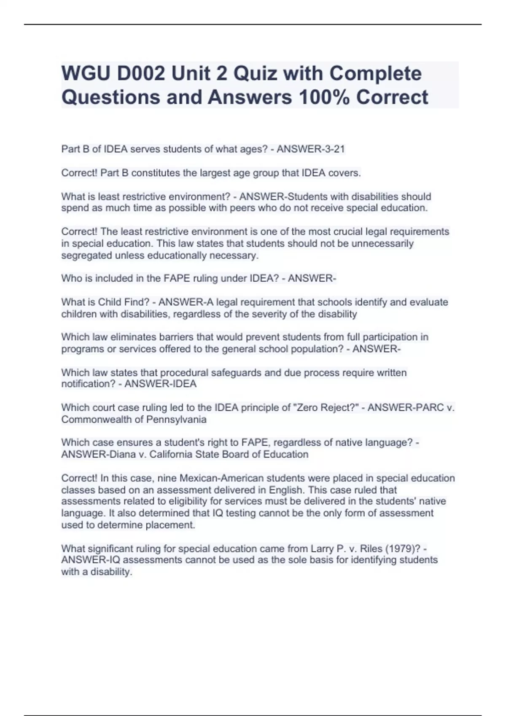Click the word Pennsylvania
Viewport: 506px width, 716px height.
click(176, 419)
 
